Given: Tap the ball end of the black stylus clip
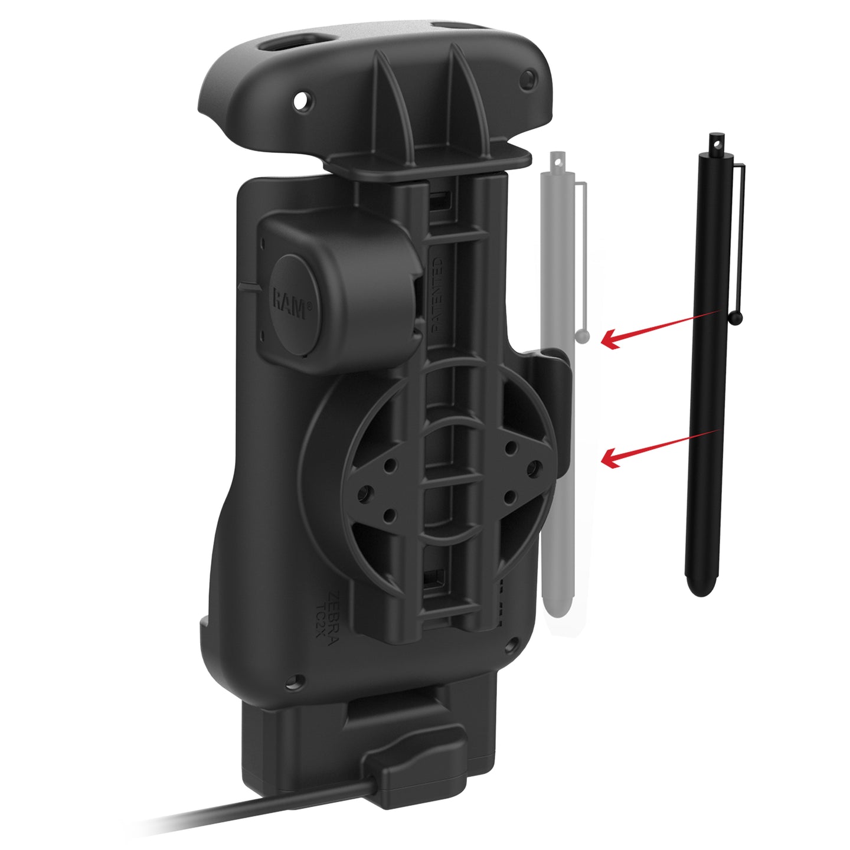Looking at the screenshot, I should click(x=736, y=319).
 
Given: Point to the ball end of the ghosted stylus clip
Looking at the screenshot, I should click(x=584, y=336).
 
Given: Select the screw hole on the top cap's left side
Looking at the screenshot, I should click(x=302, y=101).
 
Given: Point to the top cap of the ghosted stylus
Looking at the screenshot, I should click(x=554, y=161).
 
